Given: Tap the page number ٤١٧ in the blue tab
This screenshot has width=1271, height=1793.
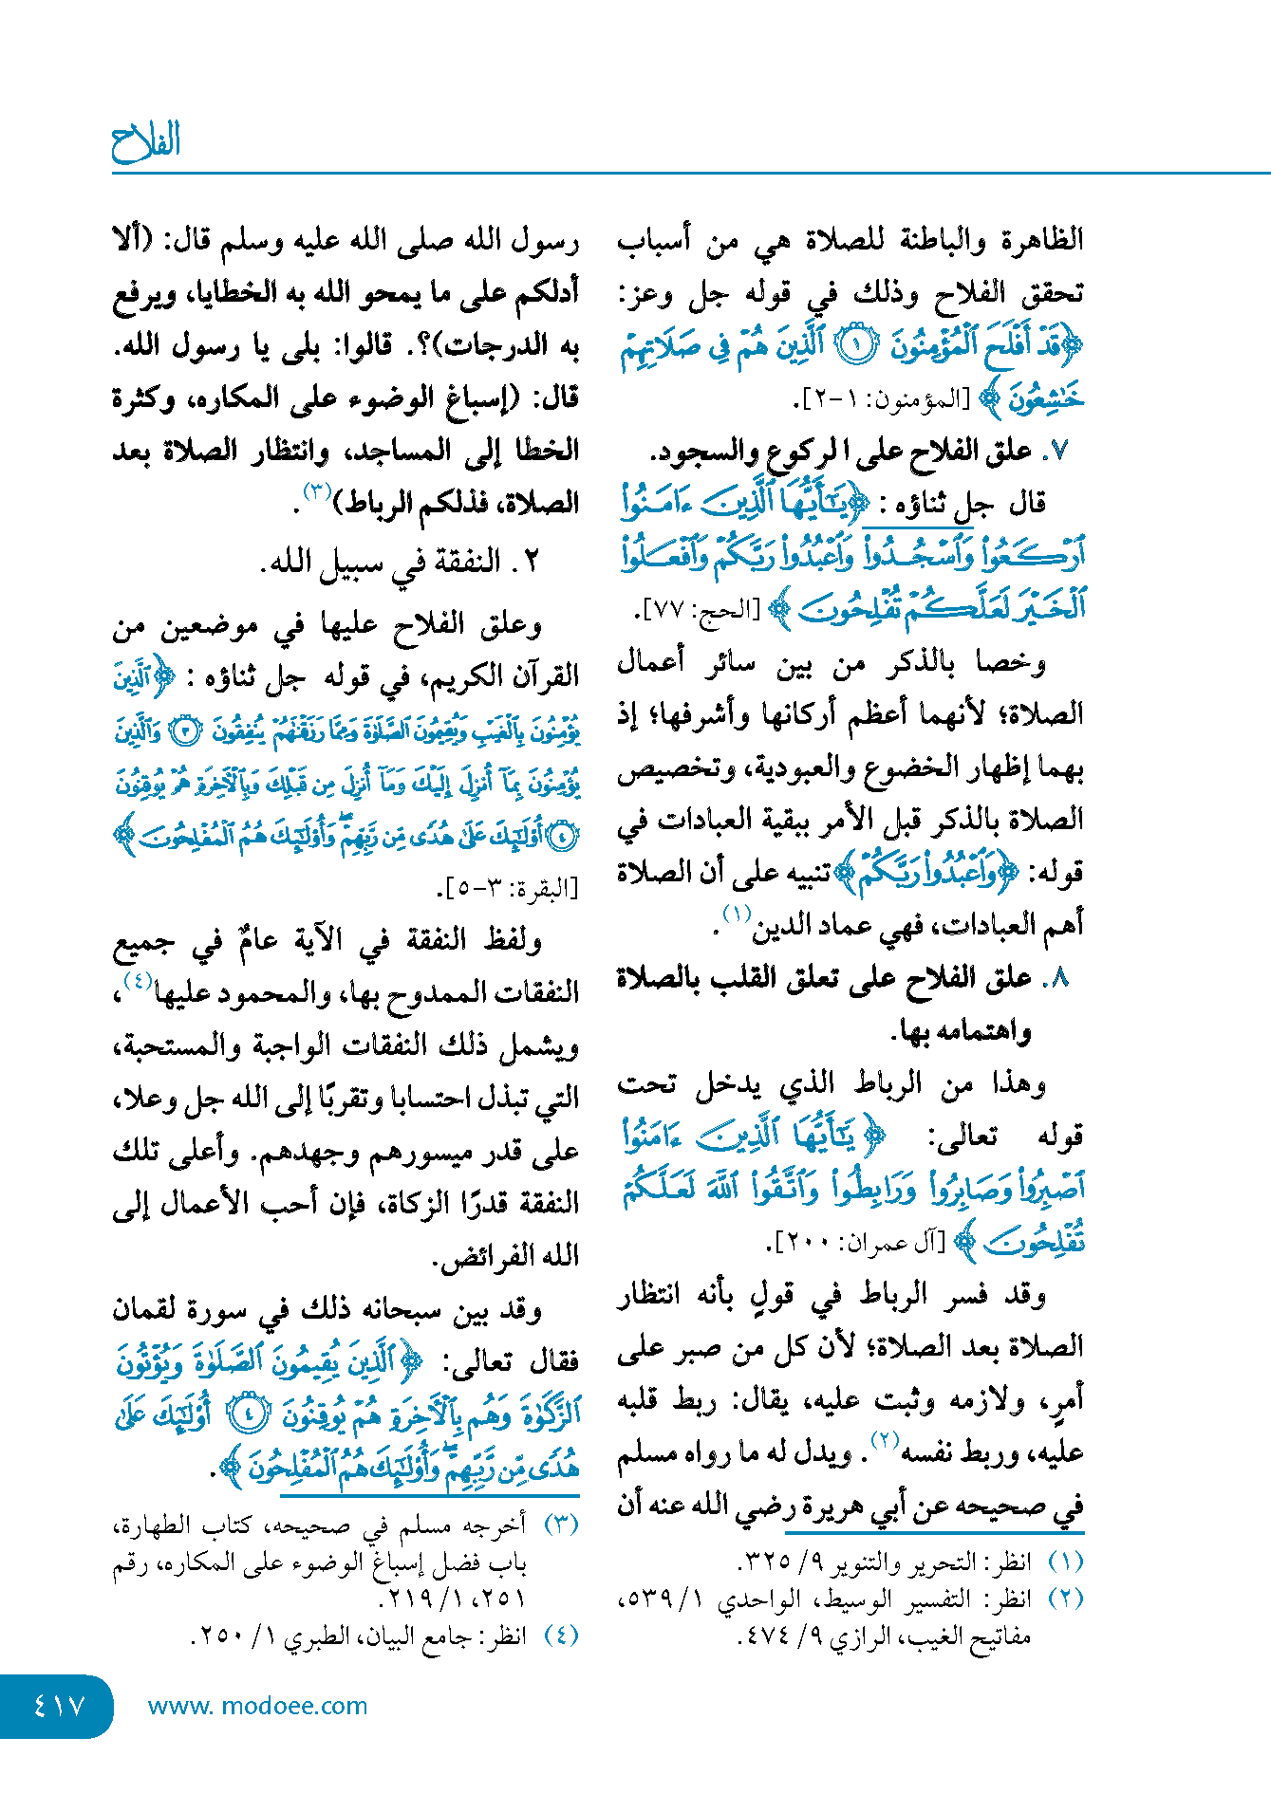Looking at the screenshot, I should (x=59, y=1706).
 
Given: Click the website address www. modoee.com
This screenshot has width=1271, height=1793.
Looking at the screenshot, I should (x=257, y=1706).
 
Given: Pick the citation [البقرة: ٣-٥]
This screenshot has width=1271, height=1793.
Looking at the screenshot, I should (x=508, y=889).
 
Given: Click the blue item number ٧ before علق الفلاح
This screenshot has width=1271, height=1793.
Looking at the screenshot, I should (x=1060, y=452).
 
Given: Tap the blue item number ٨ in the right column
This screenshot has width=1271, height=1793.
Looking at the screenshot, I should (x=1060, y=978).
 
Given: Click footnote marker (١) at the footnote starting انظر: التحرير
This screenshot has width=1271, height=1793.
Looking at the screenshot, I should (x=1065, y=1562).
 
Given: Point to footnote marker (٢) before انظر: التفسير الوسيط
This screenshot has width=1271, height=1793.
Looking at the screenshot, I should (x=1065, y=1599).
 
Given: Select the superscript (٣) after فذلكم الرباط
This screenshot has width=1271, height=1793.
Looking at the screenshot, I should (x=317, y=491).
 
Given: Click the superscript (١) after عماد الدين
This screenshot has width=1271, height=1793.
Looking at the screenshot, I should (x=738, y=914).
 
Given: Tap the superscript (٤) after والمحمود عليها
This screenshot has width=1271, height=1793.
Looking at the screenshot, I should (x=138, y=980).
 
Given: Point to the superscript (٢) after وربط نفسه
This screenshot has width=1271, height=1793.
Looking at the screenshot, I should (x=885, y=1439).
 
